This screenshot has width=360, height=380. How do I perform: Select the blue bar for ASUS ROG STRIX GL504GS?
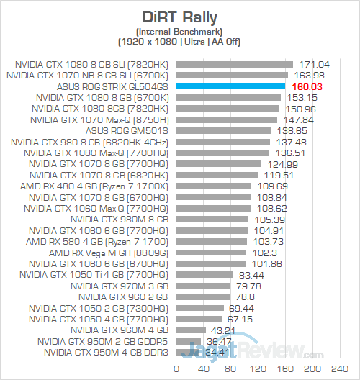(x=231, y=86)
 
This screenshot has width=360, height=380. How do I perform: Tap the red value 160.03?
(x=305, y=86)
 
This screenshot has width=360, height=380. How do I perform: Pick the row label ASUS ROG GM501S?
(x=127, y=130)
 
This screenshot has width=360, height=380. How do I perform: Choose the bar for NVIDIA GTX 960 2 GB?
(x=203, y=297)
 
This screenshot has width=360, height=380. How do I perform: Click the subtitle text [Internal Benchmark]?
(x=181, y=30)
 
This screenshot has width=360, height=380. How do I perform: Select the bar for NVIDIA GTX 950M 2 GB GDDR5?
(x=189, y=341)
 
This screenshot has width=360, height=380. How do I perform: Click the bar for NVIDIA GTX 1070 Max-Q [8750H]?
(x=227, y=119)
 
